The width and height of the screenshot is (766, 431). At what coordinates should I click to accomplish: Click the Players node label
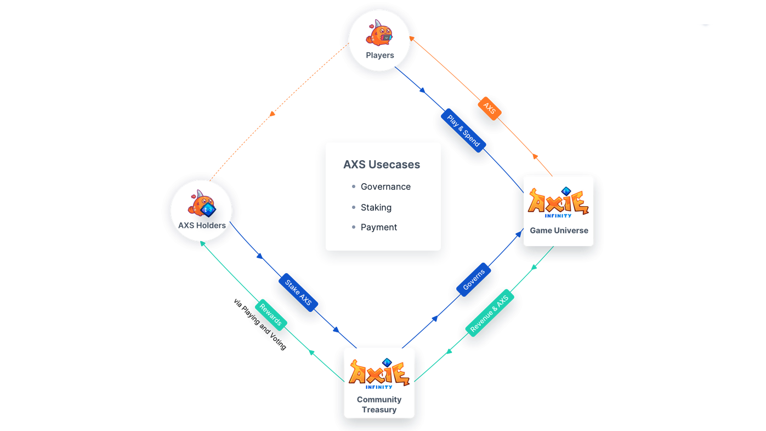pos(380,55)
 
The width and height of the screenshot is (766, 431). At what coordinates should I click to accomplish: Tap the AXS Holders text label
pos(202,225)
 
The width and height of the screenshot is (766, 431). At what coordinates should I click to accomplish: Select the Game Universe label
pos(559,230)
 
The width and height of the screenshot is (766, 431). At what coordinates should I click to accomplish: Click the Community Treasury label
pos(379,405)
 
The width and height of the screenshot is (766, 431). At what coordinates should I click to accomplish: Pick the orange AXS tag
pos(489,109)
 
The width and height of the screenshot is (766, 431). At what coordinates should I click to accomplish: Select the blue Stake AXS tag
pos(298,293)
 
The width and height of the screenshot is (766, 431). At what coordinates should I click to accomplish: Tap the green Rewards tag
pos(271,315)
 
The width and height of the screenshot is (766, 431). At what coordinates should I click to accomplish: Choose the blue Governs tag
pos(474,280)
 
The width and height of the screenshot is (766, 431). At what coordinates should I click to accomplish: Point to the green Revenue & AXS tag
pos(490,313)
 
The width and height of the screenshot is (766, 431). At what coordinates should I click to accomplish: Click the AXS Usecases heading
pos(382,165)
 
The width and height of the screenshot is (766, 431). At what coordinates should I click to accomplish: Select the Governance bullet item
pos(385,187)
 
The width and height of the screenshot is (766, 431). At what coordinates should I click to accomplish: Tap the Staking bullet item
pos(376,208)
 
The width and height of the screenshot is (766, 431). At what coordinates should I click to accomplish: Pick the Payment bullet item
pos(379,228)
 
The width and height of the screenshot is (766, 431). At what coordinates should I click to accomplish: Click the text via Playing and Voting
pos(260,324)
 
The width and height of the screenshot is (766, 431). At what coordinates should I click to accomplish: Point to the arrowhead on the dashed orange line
pos(272,114)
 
